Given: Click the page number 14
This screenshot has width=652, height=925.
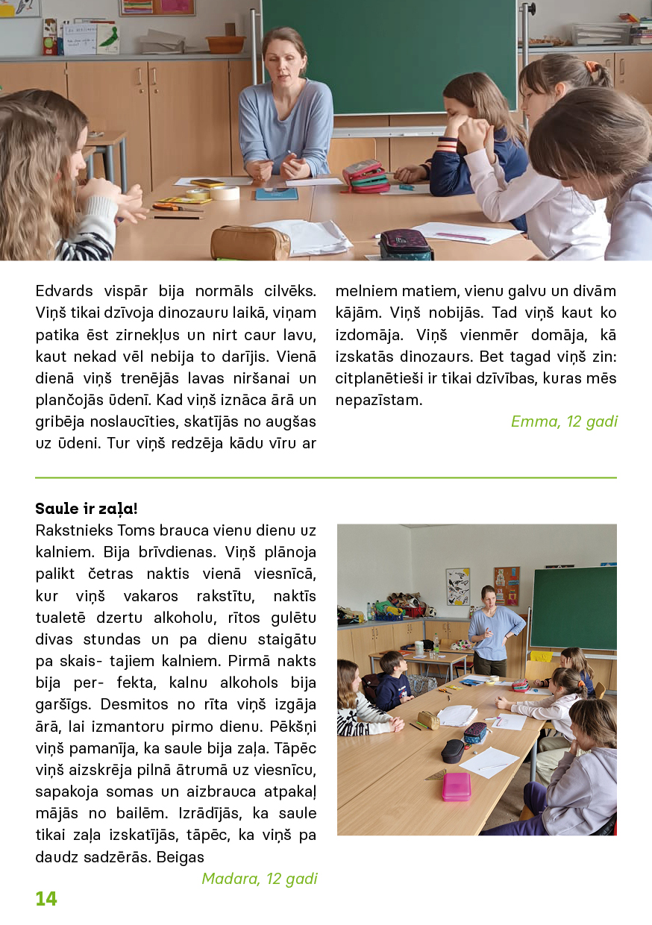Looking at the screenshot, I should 46,899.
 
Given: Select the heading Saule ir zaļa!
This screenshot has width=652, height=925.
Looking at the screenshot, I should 87,509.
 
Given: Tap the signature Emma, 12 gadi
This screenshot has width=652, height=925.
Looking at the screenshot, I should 564,421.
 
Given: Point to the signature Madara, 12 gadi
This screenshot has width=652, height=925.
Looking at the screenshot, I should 260,878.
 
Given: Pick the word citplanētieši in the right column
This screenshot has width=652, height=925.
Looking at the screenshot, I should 379,378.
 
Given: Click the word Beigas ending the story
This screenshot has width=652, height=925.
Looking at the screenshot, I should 181,857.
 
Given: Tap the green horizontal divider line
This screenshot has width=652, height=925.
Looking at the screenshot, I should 326,477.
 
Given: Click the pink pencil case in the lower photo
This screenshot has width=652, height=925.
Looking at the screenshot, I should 456,786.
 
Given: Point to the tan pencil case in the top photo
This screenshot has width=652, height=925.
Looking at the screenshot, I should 251,242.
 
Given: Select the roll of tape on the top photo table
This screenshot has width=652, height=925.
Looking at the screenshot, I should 224,192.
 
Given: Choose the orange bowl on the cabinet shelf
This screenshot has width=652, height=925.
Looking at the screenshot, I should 225,44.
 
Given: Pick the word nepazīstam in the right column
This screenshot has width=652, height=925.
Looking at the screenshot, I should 379,400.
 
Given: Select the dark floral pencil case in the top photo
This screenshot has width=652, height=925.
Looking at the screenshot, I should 405,243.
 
